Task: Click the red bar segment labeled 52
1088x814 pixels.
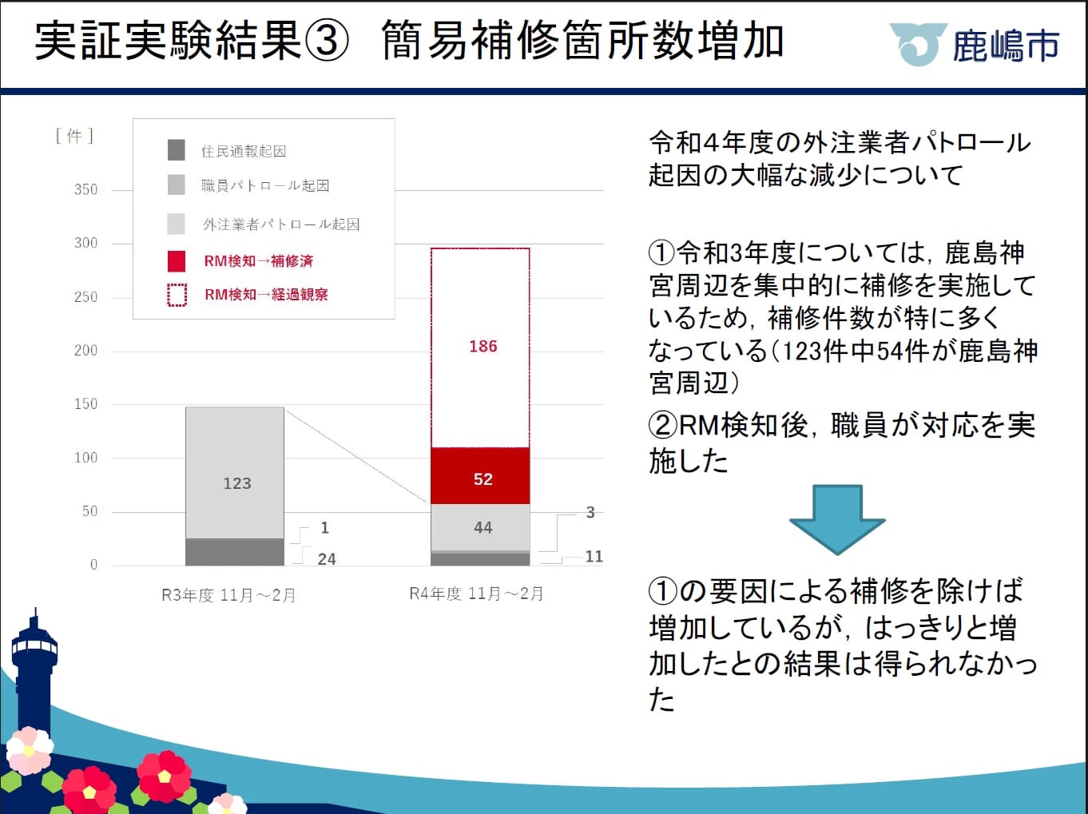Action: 480,475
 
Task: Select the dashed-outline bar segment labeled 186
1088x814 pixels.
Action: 480,347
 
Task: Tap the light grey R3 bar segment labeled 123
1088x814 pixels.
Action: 234,473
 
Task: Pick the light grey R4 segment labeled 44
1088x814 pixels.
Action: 480,527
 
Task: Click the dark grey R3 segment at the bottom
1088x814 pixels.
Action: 234,553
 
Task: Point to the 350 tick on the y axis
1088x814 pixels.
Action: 85,190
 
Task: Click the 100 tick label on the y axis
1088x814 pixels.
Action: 85,458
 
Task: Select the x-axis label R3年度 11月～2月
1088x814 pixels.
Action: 228,594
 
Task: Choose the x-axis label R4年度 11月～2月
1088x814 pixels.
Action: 476,593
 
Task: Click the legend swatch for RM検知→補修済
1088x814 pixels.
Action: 177,261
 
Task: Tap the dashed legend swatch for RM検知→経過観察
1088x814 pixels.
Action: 177,296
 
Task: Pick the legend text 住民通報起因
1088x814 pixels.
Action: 244,151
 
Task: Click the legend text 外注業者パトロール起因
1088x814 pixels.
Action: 281,224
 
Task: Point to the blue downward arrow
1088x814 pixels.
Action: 837,519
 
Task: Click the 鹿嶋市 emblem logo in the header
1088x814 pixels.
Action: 919,44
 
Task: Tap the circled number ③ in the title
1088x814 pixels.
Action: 326,41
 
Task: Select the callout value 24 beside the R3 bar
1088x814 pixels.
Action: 327,559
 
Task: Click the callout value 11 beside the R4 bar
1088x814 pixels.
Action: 594,556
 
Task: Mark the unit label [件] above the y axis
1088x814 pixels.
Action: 74,136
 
